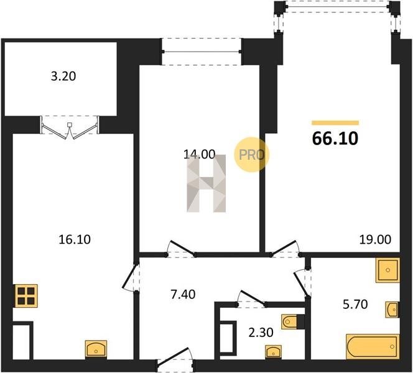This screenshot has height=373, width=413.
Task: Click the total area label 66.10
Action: pos(335,139)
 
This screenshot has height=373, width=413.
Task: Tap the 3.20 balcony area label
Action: pos(63,76)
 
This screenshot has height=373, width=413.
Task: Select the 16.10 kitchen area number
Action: pos(75,239)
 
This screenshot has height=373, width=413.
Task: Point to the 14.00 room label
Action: pos(200,154)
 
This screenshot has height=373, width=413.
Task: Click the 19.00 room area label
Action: pos(376,239)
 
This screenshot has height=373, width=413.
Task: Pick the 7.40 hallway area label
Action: pos(183,294)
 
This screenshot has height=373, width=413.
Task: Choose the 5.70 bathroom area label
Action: pos(355,304)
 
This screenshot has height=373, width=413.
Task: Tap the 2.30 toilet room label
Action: pos(261,333)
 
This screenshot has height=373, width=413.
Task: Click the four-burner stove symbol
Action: pos(26,296)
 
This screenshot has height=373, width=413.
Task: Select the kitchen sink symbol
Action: pos(96,349)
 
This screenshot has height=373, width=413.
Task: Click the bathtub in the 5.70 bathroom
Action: pos(373,346)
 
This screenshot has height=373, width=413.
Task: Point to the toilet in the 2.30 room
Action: pos(289,321)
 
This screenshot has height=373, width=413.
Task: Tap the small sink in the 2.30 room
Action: pos(274,351)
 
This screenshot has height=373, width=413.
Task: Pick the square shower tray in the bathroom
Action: pos(387,270)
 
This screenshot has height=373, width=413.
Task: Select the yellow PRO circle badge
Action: pos(251,155)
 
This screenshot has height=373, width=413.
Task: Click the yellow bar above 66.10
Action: pos(335,122)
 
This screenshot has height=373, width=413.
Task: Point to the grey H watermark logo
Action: pos(206,183)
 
